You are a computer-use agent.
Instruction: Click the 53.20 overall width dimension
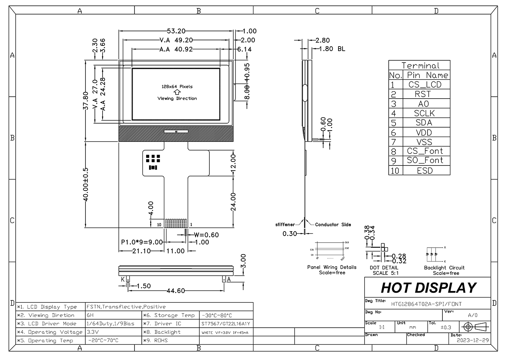click(176, 31)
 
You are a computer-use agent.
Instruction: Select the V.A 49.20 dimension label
click(176, 40)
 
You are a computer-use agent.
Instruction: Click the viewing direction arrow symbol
click(177, 92)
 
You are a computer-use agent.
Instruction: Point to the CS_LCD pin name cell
click(425, 85)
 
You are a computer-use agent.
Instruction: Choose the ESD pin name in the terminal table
click(425, 171)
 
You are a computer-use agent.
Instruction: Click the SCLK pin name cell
click(425, 113)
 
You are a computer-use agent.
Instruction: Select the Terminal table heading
click(420, 66)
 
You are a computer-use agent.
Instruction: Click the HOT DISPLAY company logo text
click(428, 288)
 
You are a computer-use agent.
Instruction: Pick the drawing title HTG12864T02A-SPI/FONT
click(426, 304)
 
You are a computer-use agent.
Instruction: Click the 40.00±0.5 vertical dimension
click(86, 187)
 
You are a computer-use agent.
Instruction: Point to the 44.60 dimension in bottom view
click(176, 291)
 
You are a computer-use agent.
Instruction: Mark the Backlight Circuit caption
click(444, 268)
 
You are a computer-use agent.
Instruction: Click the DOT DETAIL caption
click(384, 268)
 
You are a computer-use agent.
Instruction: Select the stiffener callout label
click(285, 225)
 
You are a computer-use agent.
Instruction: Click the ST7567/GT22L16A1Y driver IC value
click(226, 324)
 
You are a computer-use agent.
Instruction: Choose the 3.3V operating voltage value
click(93, 332)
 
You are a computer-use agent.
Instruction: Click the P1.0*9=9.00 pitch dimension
click(142, 242)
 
